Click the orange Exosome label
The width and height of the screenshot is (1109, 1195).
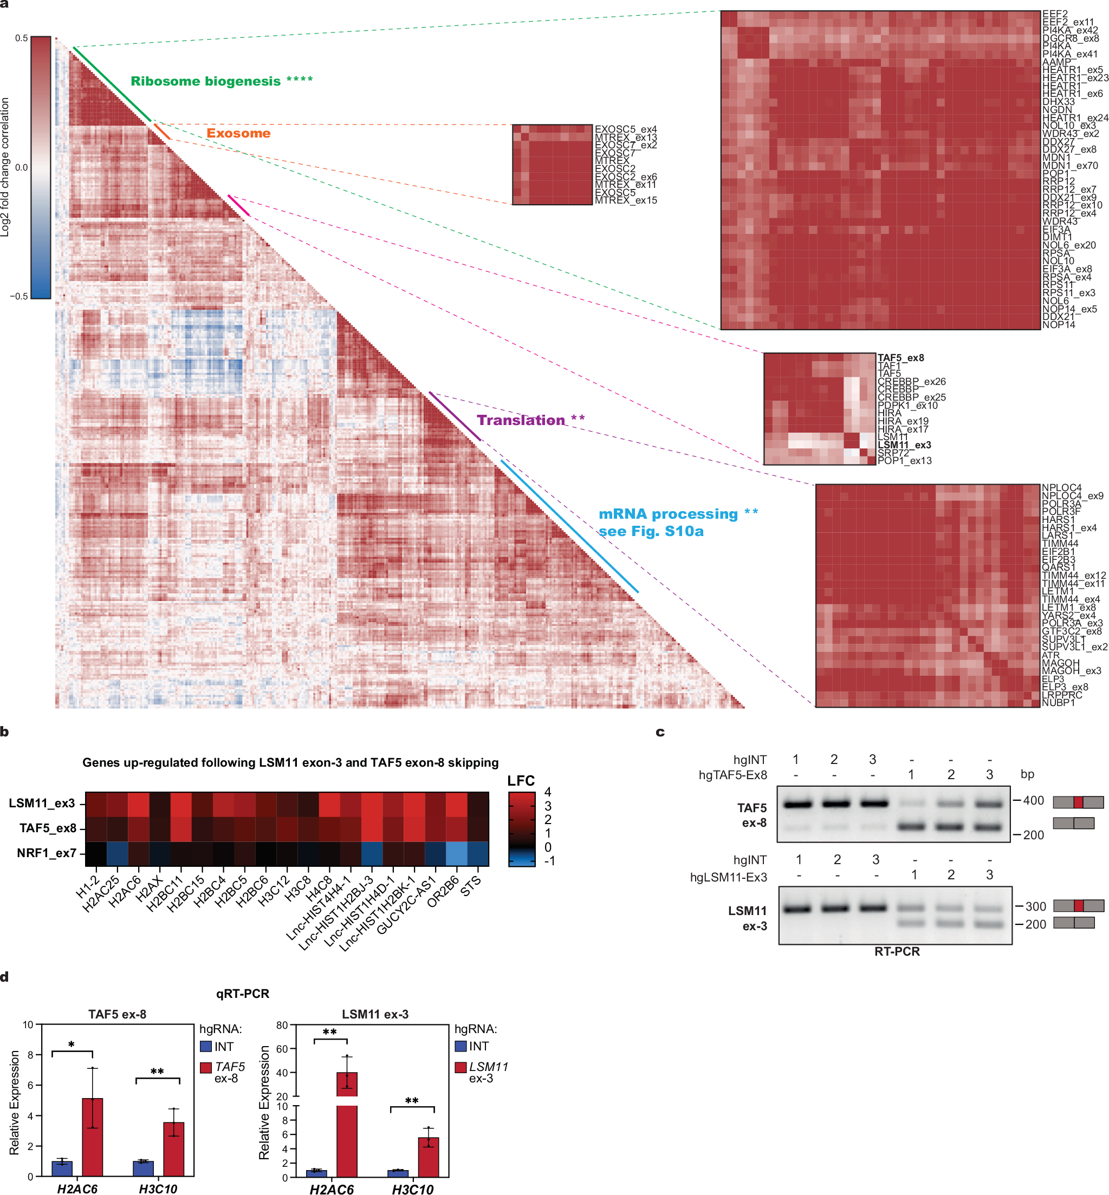pos(238,133)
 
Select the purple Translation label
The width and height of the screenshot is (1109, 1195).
pos(521,420)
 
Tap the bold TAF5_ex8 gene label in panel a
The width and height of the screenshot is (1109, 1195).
pos(900,358)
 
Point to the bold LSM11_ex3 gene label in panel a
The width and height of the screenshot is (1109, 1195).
pos(904,445)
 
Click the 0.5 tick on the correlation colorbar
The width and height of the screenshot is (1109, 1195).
pos(22,38)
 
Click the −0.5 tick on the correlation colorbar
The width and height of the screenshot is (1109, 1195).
pos(18,296)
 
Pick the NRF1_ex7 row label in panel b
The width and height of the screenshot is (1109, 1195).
pos(46,853)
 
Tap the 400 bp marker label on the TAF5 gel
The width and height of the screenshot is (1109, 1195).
pos(1033,801)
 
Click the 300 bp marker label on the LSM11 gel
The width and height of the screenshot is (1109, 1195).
pos(1035,906)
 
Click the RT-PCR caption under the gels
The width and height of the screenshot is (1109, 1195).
pos(897,951)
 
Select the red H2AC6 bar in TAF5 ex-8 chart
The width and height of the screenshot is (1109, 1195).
pos(93,1137)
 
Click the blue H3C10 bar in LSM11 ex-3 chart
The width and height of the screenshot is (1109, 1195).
pos(397,1173)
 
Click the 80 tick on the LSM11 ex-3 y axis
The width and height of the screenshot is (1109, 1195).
pos(282,1025)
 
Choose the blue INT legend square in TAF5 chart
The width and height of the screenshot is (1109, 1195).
pos(206,1047)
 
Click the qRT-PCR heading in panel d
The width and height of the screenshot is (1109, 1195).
pos(243,994)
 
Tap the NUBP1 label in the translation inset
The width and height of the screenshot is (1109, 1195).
pos(1058,702)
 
